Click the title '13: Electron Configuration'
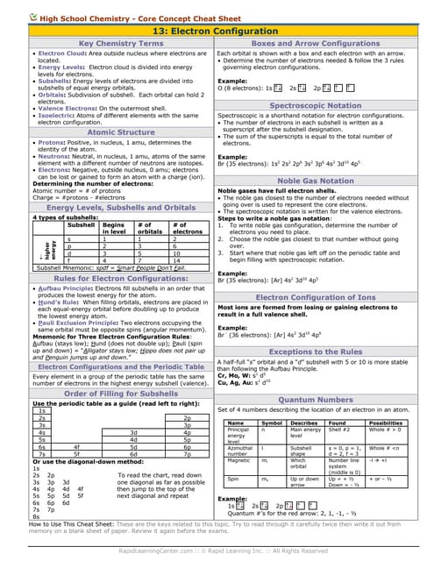[217, 29]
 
